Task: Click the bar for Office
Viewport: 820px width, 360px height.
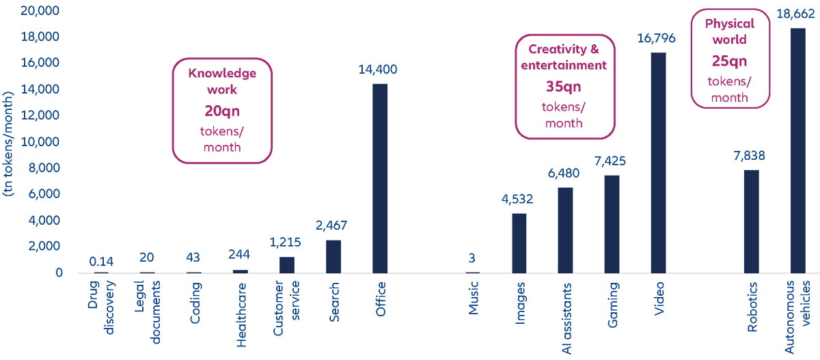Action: click(380, 178)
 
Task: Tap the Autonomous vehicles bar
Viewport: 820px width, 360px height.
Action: click(797, 150)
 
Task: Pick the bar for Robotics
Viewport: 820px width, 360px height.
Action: click(751, 221)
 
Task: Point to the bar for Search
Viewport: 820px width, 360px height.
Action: click(333, 256)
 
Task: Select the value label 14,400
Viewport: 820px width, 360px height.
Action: click(378, 69)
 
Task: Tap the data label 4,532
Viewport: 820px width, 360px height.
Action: click(518, 199)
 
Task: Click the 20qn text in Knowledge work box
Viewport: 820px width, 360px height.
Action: click(221, 111)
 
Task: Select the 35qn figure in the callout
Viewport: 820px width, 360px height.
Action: click(564, 87)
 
